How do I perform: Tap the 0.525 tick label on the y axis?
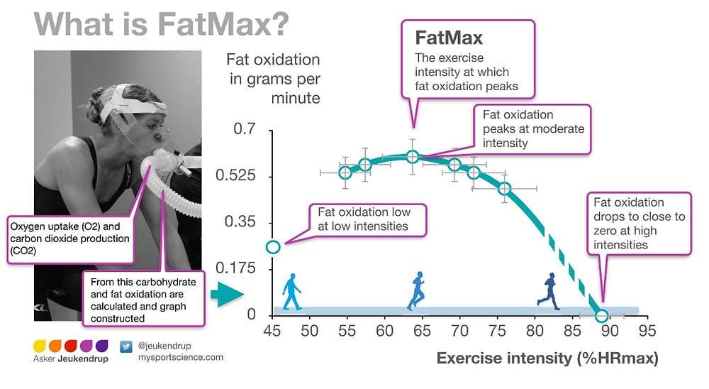pyautogui.click(x=235, y=175)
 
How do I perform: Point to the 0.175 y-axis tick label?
pyautogui.click(x=235, y=268)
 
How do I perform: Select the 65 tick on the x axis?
pyautogui.click(x=422, y=331)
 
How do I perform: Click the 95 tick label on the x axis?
pyautogui.click(x=647, y=331)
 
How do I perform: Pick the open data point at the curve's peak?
pyautogui.click(x=413, y=157)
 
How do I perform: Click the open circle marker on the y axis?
pyautogui.click(x=273, y=247)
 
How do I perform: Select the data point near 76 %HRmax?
pyautogui.click(x=505, y=188)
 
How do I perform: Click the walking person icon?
pyautogui.click(x=291, y=292)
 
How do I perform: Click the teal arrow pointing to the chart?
pyautogui.click(x=227, y=295)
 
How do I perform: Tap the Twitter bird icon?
pyautogui.click(x=126, y=347)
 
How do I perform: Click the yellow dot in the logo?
pyautogui.click(x=39, y=346)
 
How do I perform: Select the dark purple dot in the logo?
pyautogui.click(x=102, y=346)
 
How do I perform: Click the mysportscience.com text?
pyautogui.click(x=181, y=357)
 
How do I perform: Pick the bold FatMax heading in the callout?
pyautogui.click(x=449, y=38)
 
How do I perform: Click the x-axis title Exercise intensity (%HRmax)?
pyautogui.click(x=547, y=358)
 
